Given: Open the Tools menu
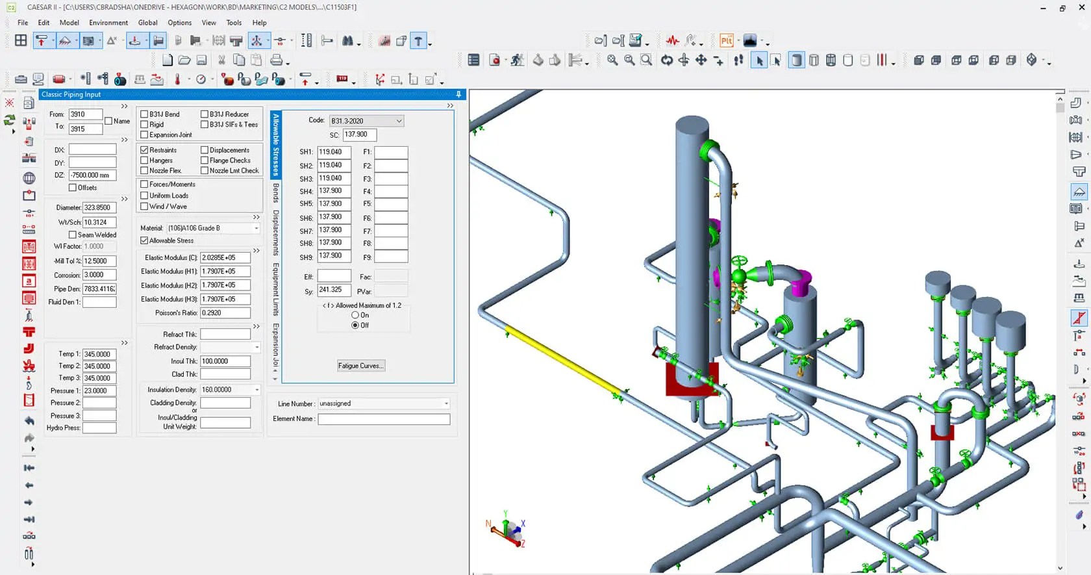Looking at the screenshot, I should tap(234, 23).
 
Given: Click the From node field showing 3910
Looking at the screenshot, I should tap(85, 114).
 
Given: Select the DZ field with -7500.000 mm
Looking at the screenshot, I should tap(92, 175).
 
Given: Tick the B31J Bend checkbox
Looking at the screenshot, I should tap(144, 114).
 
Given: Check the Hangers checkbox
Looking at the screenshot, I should tap(144, 160).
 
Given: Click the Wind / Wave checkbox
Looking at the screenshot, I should tap(144, 207).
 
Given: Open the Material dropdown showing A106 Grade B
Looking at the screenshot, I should tap(213, 229).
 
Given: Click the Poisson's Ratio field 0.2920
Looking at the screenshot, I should tap(225, 313).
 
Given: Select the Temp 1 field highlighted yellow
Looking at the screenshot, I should tap(99, 355).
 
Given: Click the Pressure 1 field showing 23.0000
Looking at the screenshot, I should tap(99, 391).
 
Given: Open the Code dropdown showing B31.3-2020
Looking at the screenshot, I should tap(366, 121).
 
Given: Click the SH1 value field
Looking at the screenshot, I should tap(334, 152).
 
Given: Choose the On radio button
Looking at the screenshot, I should tap(355, 315).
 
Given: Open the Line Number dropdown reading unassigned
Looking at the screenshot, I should tap(383, 404).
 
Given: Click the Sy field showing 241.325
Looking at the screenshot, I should tap(334, 290).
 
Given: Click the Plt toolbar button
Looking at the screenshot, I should tap(726, 41).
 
